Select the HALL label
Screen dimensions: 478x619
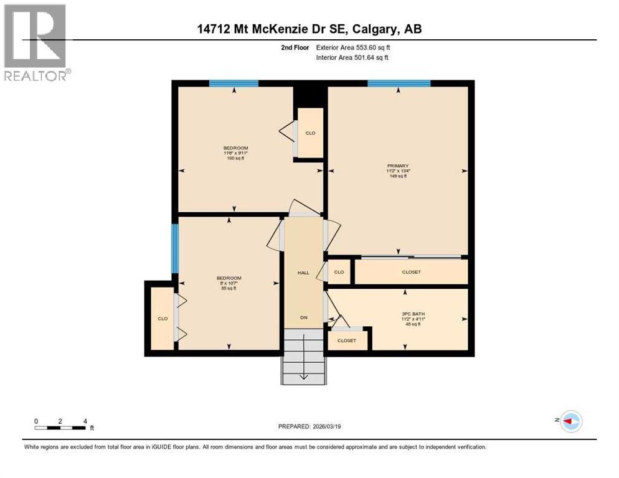[303, 273]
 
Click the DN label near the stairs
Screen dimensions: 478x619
[304, 317]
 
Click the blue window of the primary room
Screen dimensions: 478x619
[399, 83]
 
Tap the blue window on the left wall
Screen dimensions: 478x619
[175, 248]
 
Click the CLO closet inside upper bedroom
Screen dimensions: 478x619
[310, 133]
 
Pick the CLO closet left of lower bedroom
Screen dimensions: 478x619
[163, 319]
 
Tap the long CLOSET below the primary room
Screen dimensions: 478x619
[411, 272]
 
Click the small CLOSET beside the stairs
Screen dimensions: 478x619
[347, 340]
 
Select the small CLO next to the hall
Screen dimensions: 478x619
[339, 272]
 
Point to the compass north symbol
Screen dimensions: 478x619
[570, 421]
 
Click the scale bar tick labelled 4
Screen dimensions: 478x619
[85, 421]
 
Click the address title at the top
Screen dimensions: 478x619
[308, 29]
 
